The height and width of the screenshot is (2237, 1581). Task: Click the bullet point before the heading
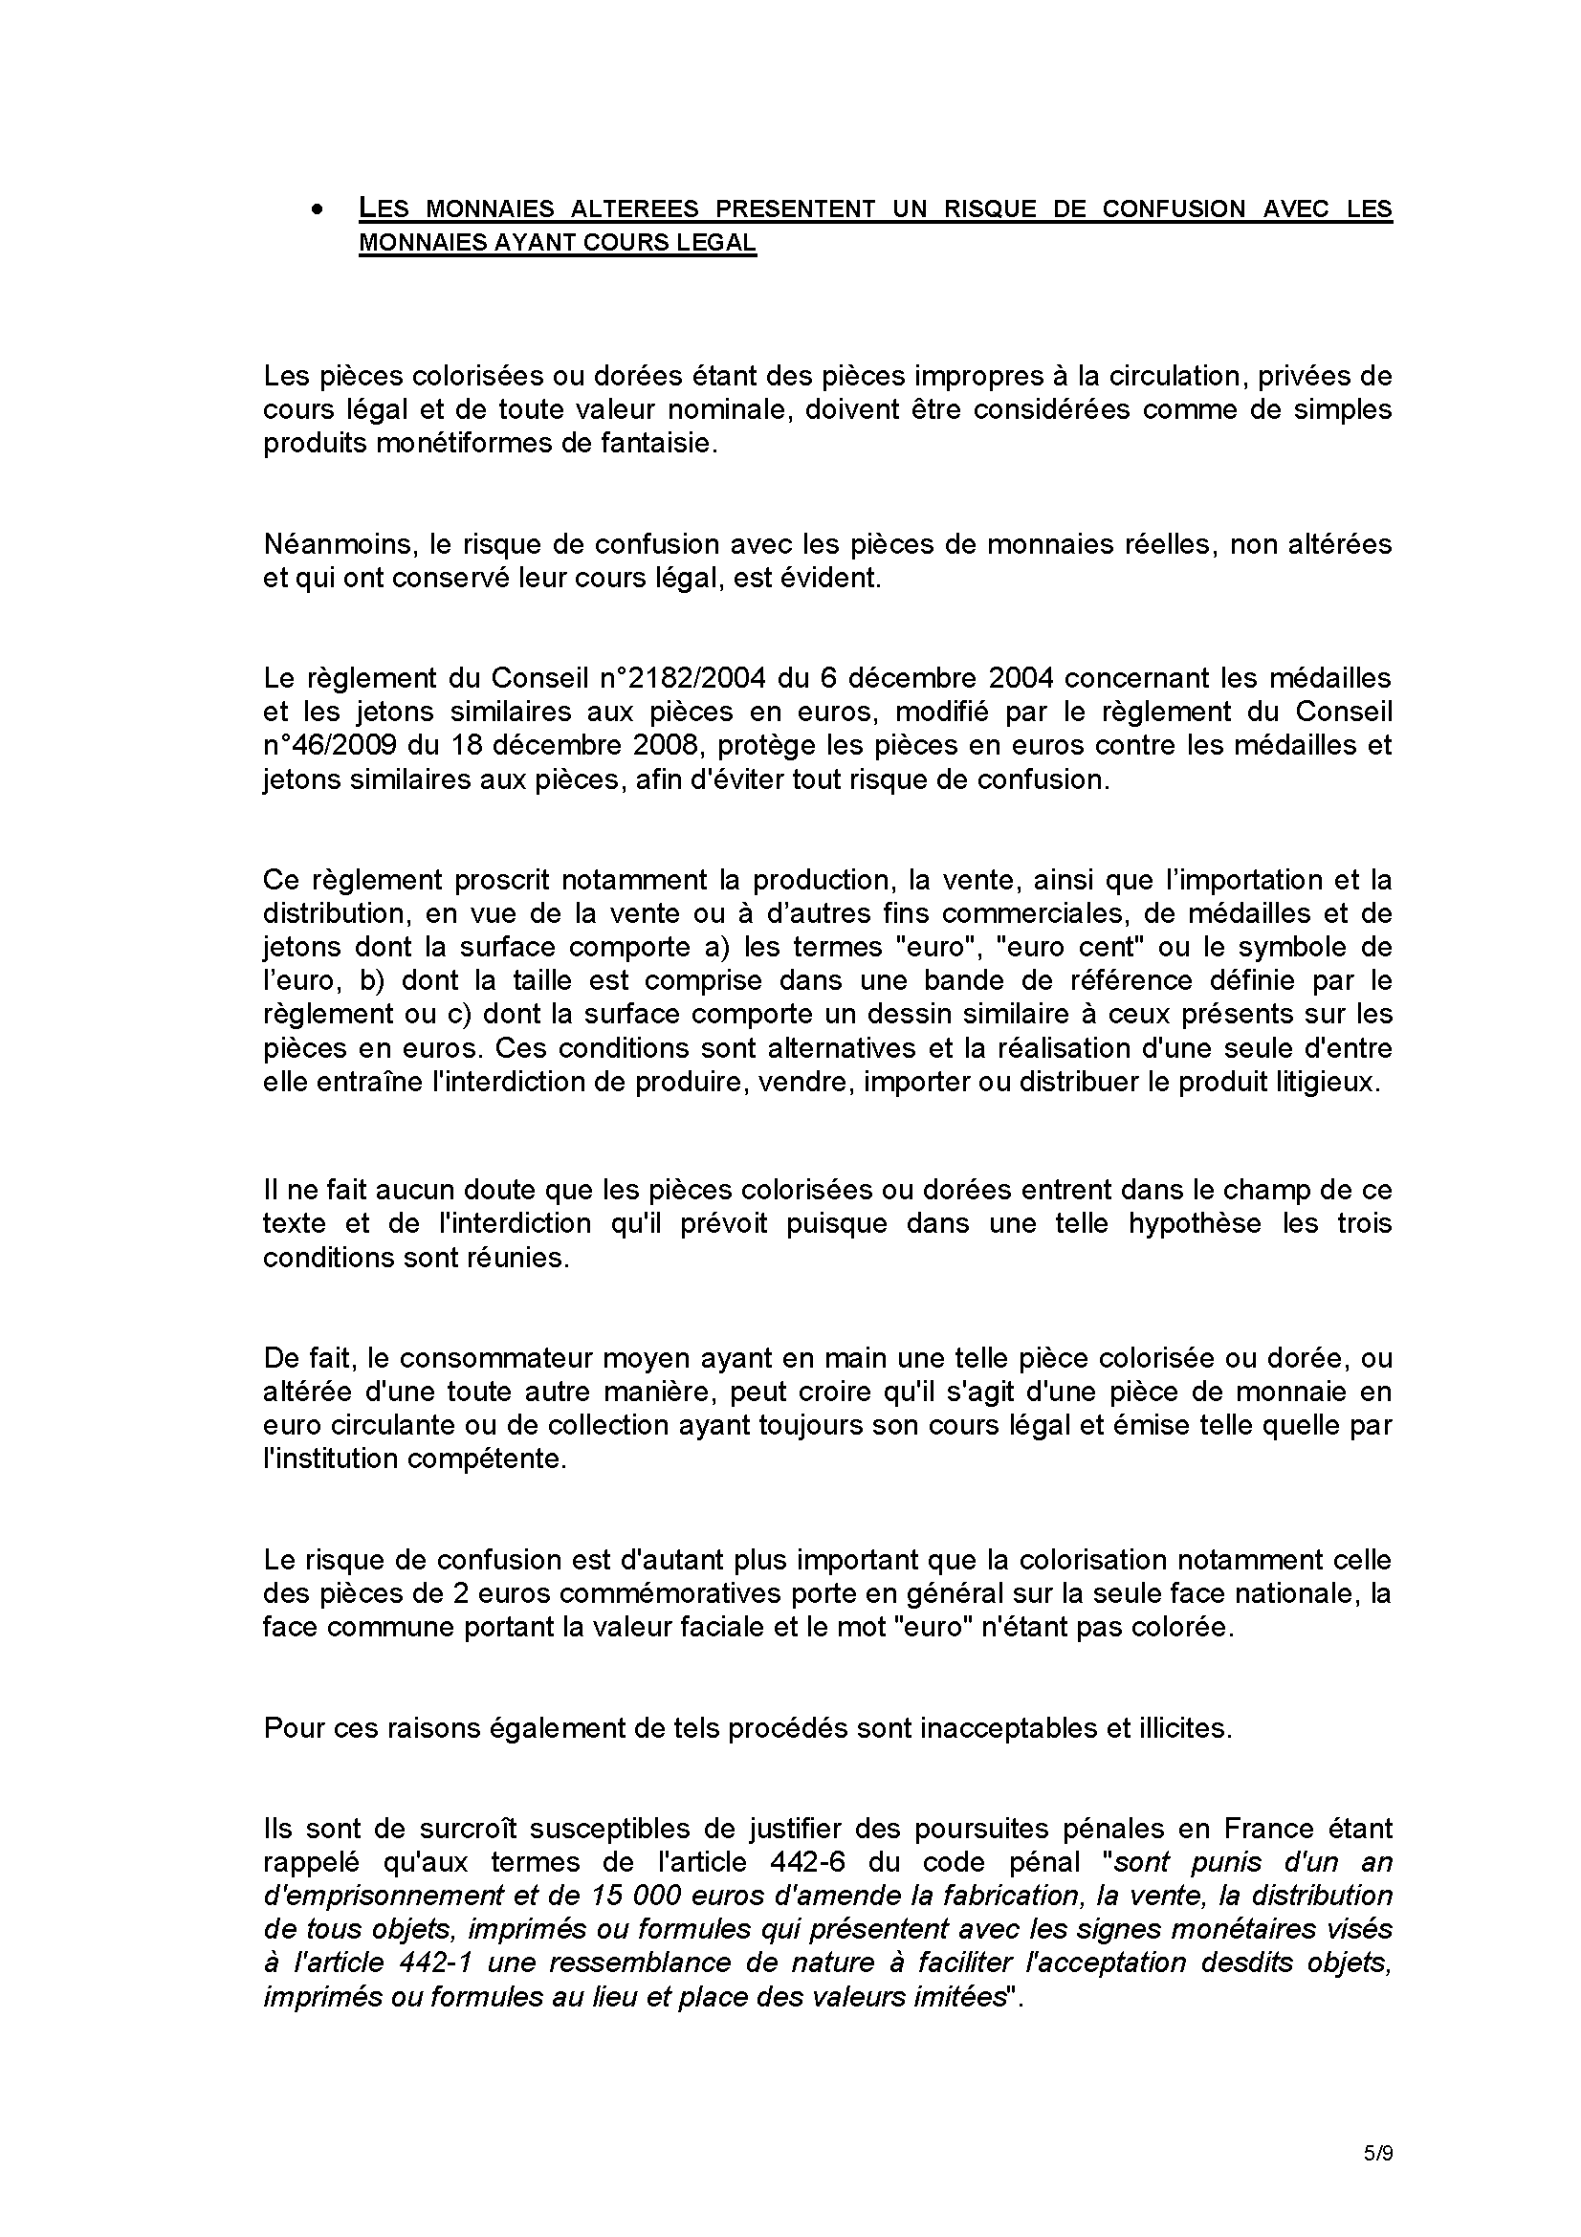tap(316, 210)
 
